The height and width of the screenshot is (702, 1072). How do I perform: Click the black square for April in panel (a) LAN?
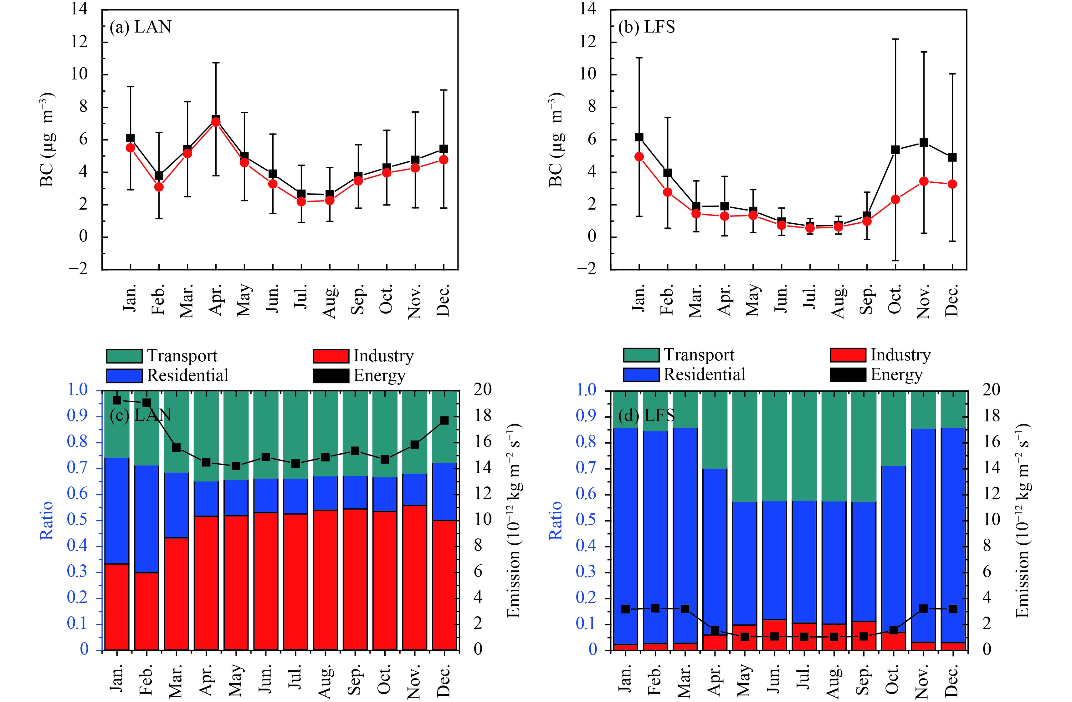(216, 119)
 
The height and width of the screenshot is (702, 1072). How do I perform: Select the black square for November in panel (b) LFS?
(924, 143)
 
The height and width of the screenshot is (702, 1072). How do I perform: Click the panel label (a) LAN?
(141, 27)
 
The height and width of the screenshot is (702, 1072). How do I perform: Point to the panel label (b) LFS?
(647, 27)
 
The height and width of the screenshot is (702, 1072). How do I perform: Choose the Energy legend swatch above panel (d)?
(848, 375)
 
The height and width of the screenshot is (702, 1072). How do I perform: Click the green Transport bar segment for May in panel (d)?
(744, 446)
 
